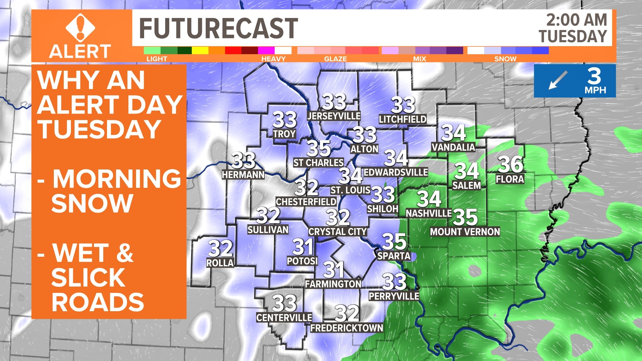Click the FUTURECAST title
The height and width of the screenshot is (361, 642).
(218, 28)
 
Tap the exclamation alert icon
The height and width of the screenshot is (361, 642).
(80, 27)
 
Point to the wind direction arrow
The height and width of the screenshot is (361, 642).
(558, 80)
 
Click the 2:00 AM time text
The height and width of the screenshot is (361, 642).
(576, 20)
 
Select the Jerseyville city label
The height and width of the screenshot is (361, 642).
(334, 116)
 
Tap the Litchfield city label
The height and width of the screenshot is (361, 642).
(403, 119)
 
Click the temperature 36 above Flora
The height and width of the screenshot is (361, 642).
(511, 164)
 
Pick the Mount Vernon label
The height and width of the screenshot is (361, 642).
(465, 232)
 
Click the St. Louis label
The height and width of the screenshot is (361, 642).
(350, 190)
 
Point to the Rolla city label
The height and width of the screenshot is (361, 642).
(220, 263)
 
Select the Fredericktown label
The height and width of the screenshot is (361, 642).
(347, 328)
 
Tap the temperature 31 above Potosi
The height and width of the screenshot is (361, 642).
(303, 247)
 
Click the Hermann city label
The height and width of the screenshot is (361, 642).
(243, 174)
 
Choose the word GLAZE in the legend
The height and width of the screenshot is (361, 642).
(335, 59)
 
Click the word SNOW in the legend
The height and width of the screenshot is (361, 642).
(505, 59)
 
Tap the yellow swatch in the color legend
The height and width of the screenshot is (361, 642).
(200, 50)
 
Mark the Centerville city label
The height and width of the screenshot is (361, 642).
(284, 318)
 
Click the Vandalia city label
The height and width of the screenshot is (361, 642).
(453, 147)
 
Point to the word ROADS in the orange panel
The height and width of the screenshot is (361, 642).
(98, 302)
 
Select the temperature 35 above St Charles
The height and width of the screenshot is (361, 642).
(319, 148)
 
